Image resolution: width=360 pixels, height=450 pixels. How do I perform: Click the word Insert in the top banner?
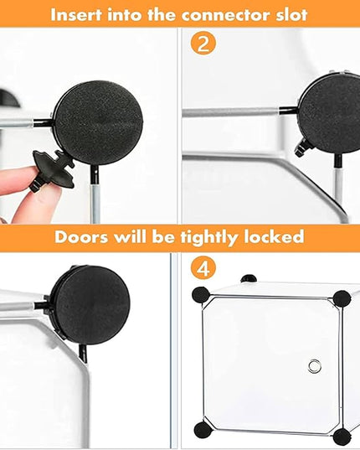76,14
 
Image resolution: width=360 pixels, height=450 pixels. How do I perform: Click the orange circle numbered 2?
203,44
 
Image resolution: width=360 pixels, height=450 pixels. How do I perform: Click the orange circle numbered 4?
203,269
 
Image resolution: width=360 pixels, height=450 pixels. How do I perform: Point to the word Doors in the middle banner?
81,237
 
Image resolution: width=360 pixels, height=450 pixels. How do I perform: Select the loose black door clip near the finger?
54,169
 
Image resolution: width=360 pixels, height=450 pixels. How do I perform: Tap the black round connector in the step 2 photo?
330,114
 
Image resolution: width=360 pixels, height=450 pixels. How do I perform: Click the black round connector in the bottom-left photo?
91,305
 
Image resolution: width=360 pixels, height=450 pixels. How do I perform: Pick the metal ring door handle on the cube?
314,366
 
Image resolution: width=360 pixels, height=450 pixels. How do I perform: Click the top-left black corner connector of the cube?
201,295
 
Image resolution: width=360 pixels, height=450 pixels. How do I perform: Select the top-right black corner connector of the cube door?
342,298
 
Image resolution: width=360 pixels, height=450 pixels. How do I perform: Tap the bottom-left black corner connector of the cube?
203,429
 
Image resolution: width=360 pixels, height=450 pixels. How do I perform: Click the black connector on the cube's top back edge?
248,278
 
